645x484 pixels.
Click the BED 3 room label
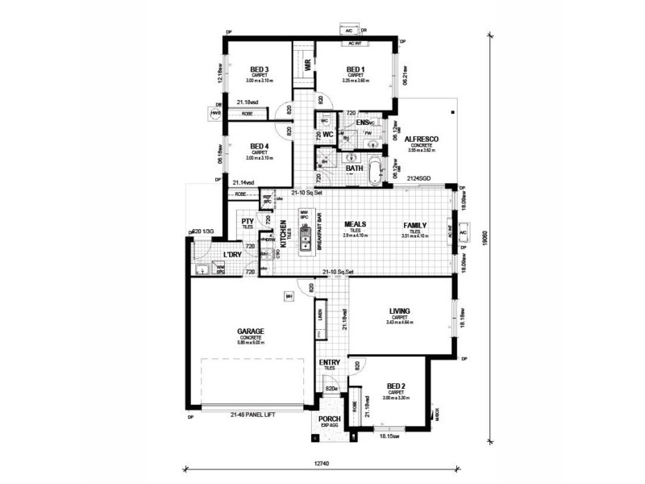[x=260, y=69]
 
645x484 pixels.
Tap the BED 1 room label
[x=356, y=69]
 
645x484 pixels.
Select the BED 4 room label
[x=259, y=146]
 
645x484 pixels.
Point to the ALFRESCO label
[x=421, y=139]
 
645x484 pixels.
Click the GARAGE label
[x=251, y=330]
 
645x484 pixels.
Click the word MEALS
[x=355, y=225]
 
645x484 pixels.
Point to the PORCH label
[x=329, y=419]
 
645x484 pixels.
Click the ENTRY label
[x=329, y=363]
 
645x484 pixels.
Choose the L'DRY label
[x=232, y=255]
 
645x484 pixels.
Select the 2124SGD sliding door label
[x=418, y=177]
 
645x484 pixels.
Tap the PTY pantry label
[x=248, y=223]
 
